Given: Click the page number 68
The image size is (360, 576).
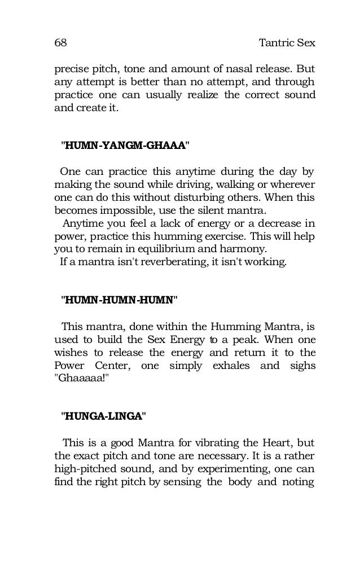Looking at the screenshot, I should (60, 43).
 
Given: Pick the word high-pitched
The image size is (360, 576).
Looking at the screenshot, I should (87, 468).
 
